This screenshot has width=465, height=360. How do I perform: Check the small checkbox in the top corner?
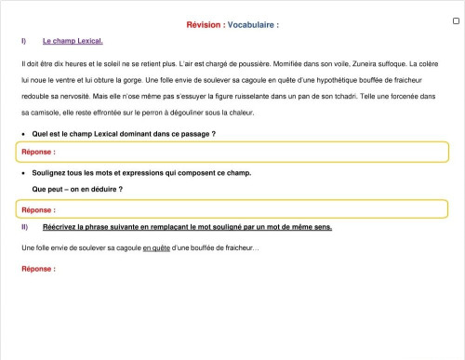[456, 20]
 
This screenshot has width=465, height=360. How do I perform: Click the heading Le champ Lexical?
[73, 42]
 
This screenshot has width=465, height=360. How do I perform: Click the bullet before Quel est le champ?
[23, 134]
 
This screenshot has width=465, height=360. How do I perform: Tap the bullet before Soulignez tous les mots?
[23, 173]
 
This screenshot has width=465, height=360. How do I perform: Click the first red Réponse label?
[38, 151]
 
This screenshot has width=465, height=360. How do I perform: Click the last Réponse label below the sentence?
[38, 269]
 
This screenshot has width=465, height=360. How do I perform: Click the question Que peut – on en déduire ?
[77, 190]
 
